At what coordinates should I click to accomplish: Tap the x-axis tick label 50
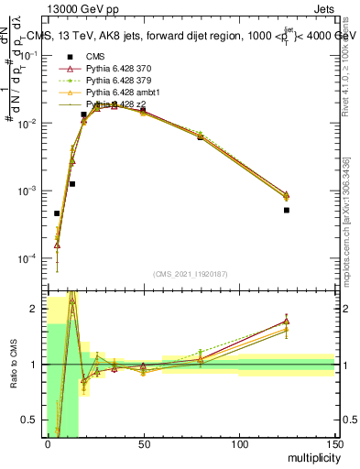[143, 443]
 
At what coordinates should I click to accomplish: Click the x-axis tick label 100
[239, 443]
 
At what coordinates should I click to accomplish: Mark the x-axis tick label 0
[48, 443]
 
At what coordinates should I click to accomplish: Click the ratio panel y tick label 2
[34, 309]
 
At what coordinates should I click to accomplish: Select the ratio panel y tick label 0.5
[31, 420]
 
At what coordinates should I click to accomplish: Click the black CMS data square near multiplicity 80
[201, 136]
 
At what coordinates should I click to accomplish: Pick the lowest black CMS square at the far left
[57, 213]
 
